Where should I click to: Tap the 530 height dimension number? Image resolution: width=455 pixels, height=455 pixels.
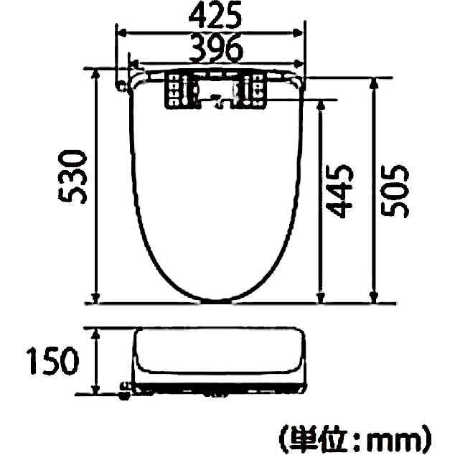74,177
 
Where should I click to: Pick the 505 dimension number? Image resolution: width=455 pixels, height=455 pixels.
394,190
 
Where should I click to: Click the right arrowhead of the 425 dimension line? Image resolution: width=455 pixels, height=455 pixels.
299,32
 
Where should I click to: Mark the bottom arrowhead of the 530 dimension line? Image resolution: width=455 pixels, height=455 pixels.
95,297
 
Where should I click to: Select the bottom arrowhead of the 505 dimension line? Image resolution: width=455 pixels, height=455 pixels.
372,297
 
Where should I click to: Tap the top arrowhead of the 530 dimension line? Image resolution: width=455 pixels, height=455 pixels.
95,75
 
